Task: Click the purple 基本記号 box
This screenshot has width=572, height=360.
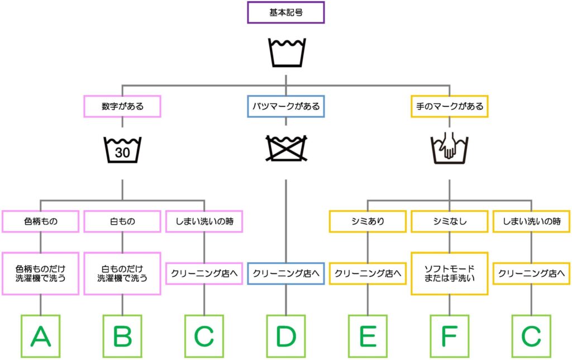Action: pos(285,12)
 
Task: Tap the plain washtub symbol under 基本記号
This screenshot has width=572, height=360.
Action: pos(287,53)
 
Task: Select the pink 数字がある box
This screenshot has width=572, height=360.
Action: pos(122,106)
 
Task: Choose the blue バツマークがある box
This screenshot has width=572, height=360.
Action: pos(285,106)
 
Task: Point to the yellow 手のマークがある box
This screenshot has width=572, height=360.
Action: pos(450,106)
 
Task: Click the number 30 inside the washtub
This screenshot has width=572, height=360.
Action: pos(122,153)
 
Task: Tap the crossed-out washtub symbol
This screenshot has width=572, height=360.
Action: pos(287,149)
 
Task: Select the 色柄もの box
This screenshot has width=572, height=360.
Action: pos(40,221)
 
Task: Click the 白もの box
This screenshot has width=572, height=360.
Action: pos(122,221)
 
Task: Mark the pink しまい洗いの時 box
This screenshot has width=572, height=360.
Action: pos(204,221)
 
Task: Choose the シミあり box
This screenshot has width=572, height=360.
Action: pos(368,221)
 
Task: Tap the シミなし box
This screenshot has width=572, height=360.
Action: pos(450,221)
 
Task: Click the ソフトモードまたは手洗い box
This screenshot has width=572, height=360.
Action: pos(450,273)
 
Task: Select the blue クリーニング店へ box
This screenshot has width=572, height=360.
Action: pos(285,273)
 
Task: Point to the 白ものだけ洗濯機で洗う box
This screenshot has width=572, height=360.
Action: pos(122,273)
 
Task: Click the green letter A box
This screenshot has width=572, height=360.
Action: pos(40,336)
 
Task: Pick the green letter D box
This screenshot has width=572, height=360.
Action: pos(285,336)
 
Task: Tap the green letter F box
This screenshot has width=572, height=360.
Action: pos(450,336)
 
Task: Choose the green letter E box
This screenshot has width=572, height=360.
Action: pos(368,336)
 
